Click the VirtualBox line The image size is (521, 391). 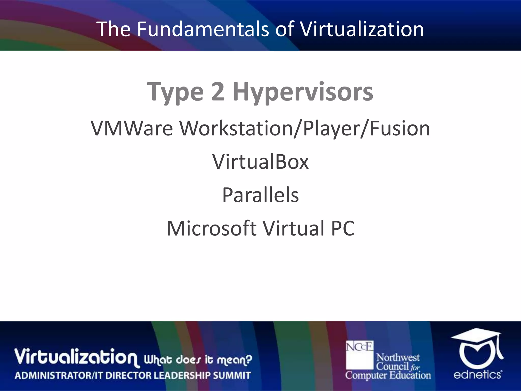pos(260,162)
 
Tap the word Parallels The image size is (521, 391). pos(260,195)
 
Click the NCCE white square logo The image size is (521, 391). pos(359,355)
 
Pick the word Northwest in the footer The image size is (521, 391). pos(398,357)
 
